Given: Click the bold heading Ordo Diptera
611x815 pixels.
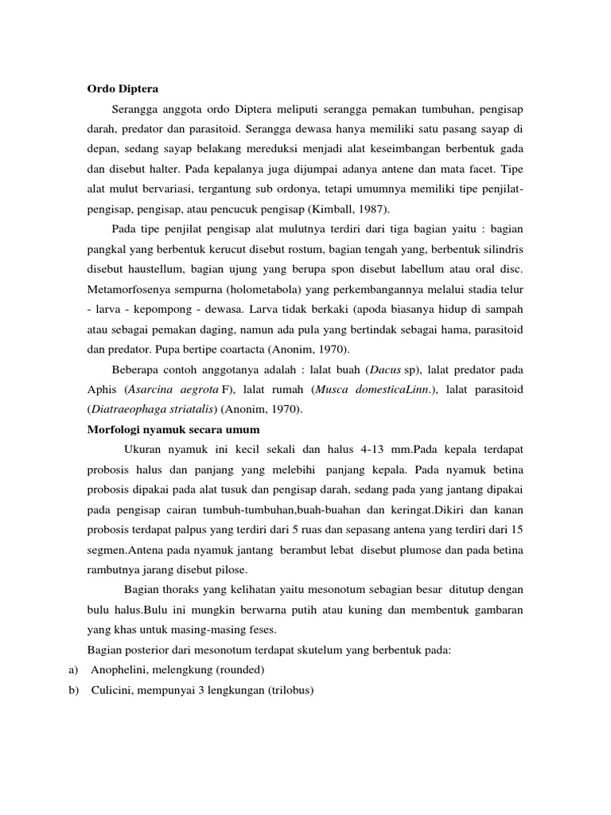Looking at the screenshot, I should click(123, 87).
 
